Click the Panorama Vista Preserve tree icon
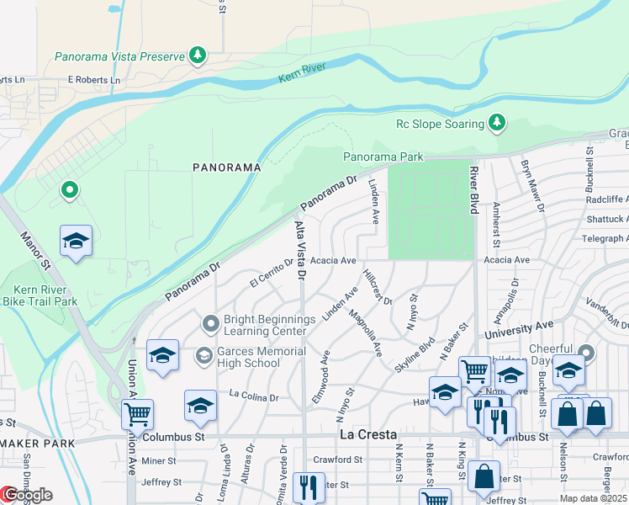click(198, 56)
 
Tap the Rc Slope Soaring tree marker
click(497, 124)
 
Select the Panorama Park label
click(383, 157)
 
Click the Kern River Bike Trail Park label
click(40, 295)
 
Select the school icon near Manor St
click(76, 242)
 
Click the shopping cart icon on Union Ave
click(137, 414)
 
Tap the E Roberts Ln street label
click(93, 80)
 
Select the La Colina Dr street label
click(253, 395)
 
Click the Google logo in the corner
click(27, 495)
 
